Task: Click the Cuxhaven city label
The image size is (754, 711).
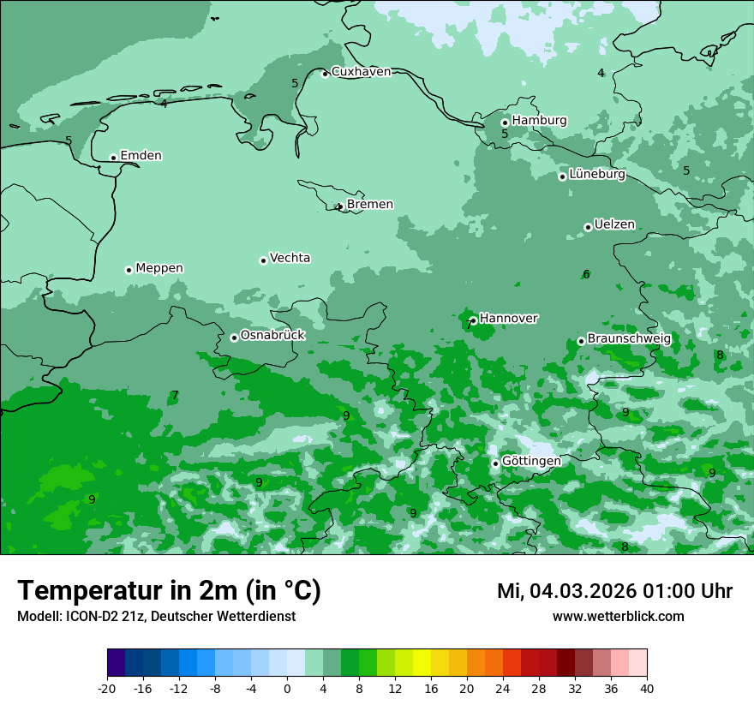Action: pyautogui.click(x=361, y=72)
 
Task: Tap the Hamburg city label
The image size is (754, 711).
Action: pyautogui.click(x=539, y=121)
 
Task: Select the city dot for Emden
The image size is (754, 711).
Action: pyautogui.click(x=113, y=158)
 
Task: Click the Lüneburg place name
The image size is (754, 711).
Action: pyautogui.click(x=596, y=174)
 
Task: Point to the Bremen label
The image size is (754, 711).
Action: pyautogui.click(x=369, y=205)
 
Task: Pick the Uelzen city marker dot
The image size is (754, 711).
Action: pyautogui.click(x=588, y=227)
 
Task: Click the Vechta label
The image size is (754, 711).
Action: pyautogui.click(x=290, y=258)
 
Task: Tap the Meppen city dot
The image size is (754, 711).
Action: pyautogui.click(x=129, y=270)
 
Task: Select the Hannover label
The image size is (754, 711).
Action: pyautogui.click(x=508, y=319)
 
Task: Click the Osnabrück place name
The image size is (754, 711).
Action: pyautogui.click(x=272, y=335)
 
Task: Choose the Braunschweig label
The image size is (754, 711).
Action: pyautogui.click(x=628, y=338)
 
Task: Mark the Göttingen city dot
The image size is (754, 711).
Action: pyautogui.click(x=495, y=463)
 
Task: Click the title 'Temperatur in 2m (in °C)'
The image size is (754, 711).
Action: pyautogui.click(x=169, y=591)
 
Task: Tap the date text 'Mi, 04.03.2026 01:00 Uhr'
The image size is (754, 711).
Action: pyautogui.click(x=614, y=591)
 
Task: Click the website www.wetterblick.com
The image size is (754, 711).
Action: pyautogui.click(x=618, y=617)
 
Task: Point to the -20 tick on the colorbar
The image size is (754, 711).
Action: pyautogui.click(x=107, y=688)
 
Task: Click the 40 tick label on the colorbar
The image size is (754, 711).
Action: pyautogui.click(x=647, y=688)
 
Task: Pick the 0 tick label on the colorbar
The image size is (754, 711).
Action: pyautogui.click(x=287, y=688)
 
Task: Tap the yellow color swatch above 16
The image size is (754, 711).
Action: pyautogui.click(x=422, y=663)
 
